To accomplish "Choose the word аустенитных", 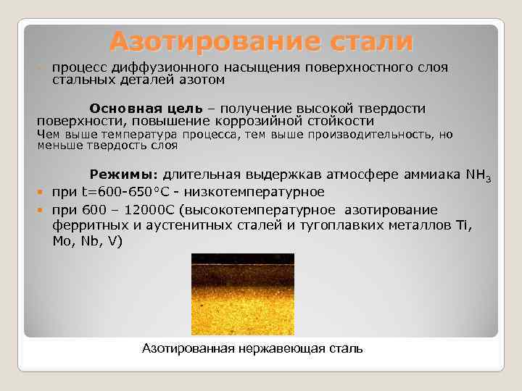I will click(x=167, y=226).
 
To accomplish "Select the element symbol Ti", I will click(x=463, y=226).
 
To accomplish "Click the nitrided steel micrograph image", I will click(x=242, y=293).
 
